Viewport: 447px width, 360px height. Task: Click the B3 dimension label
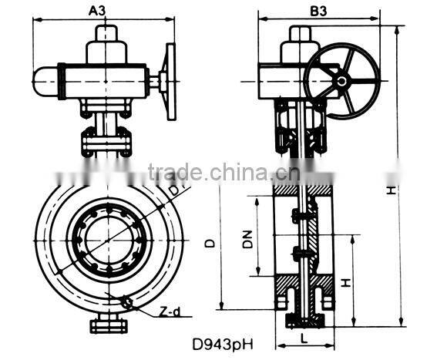point(318,11)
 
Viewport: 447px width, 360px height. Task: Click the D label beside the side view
point(210,243)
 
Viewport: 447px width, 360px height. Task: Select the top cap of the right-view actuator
point(301,35)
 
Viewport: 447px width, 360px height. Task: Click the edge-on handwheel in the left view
point(168,77)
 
